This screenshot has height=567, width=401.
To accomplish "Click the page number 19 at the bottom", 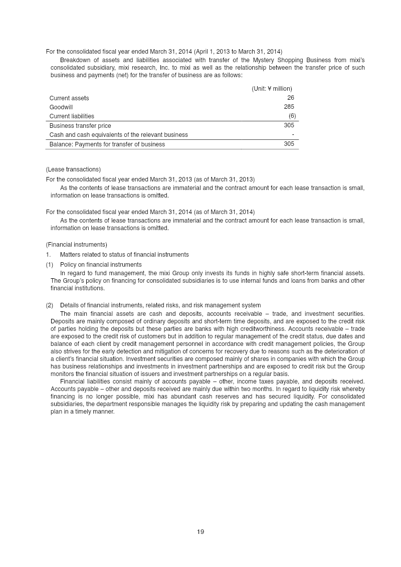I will click(x=200, y=532).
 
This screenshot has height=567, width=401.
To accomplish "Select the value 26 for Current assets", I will click(x=291, y=98).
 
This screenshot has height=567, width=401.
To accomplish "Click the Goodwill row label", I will click(x=61, y=107).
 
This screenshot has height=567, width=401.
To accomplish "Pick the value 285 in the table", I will click(x=289, y=107).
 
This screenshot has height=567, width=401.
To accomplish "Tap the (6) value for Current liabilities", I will click(x=292, y=116).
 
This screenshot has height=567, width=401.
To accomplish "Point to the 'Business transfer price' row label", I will click(x=80, y=125).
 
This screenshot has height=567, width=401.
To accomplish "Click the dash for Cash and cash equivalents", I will click(x=293, y=134).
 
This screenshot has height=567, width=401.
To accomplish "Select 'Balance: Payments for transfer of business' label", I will click(x=107, y=144).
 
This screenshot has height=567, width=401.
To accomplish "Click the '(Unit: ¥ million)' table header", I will click(x=272, y=88).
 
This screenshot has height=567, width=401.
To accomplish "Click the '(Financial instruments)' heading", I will click(x=76, y=245).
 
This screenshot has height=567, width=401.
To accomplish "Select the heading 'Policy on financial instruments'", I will click(x=101, y=264).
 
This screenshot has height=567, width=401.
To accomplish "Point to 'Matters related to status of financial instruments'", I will click(x=124, y=254).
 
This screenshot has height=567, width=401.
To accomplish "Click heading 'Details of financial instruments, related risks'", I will click(x=160, y=305).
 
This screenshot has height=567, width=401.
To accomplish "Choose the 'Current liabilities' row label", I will click(x=72, y=116).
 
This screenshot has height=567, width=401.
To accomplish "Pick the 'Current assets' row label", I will click(x=69, y=98).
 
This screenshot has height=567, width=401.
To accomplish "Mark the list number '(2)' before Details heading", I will click(x=50, y=305).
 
